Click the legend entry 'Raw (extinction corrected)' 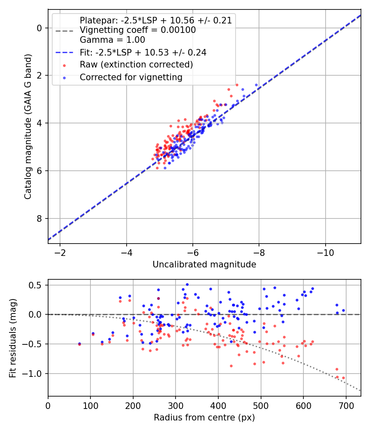tap(136, 65)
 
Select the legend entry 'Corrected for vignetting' tap(131, 77)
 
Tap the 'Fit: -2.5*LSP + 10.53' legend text tap(143, 52)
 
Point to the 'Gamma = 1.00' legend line tap(112, 40)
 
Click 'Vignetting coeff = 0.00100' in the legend tap(138, 30)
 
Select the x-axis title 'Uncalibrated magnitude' tap(204, 265)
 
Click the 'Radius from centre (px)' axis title tap(204, 418)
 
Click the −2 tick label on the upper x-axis tap(60, 251)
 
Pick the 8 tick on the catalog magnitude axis tap(39, 218)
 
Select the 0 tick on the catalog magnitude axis tap(39, 28)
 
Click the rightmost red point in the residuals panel tap(343, 378)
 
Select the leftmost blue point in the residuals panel tap(79, 344)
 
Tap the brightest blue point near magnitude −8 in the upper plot tap(256, 85)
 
